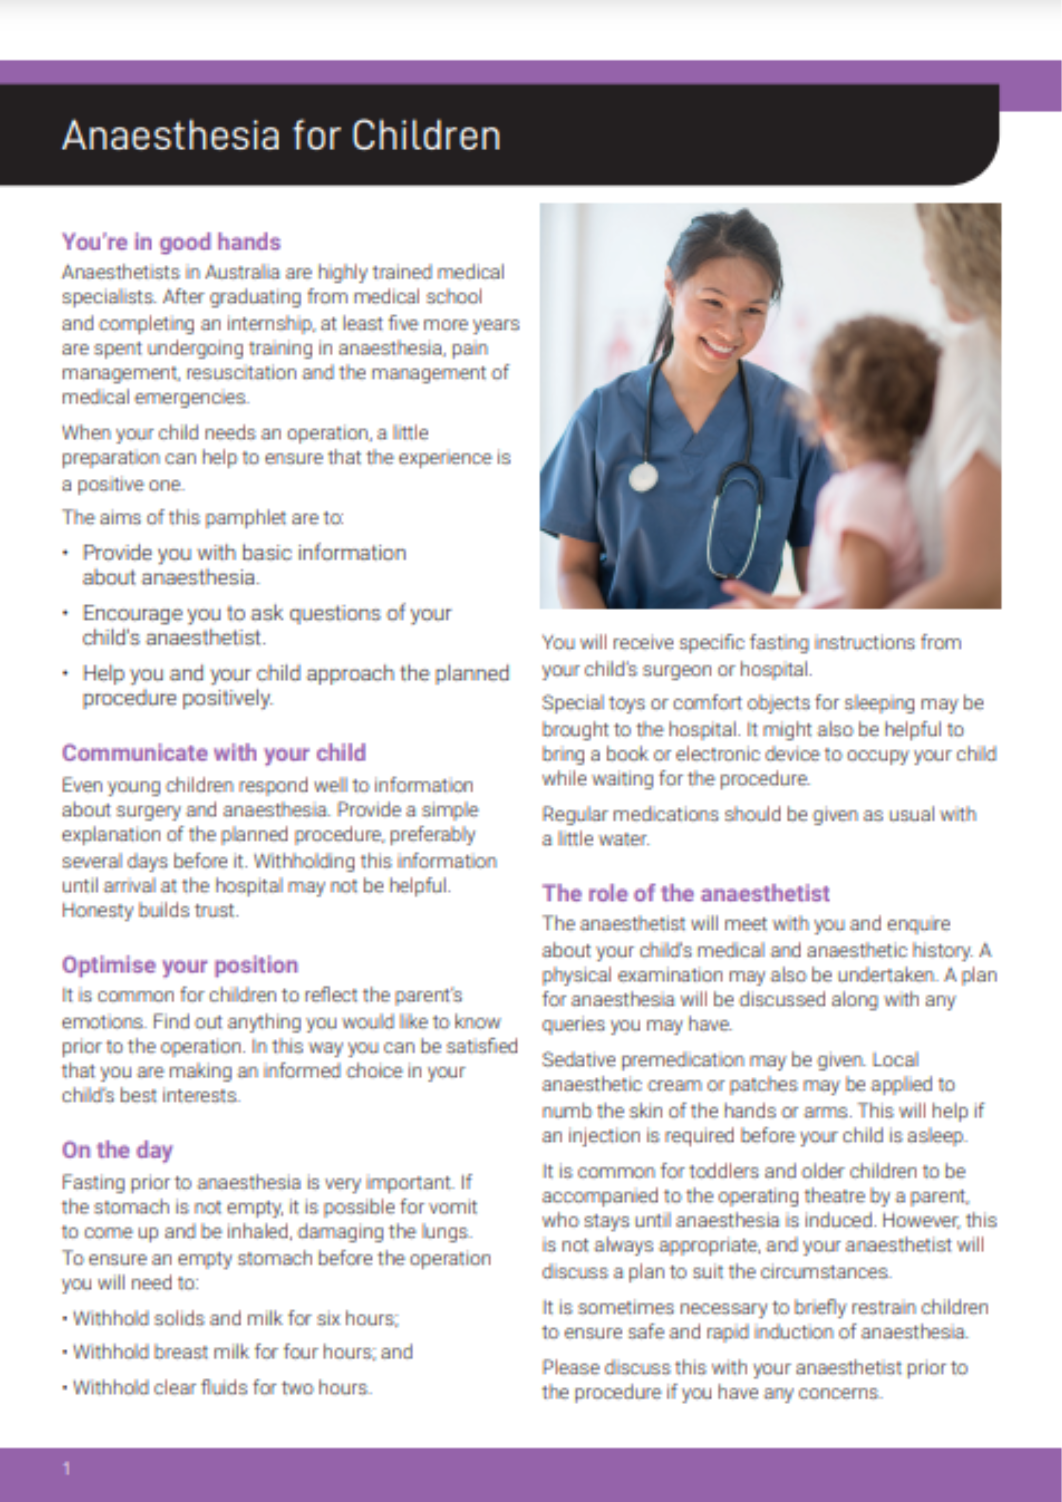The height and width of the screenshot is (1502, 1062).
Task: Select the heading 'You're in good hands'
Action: point(171,242)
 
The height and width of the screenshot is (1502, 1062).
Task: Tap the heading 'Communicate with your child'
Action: point(214,753)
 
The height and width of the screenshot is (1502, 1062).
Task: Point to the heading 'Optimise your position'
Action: point(180,965)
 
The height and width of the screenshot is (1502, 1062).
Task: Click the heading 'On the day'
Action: point(117,1150)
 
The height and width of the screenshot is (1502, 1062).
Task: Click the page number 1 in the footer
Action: point(66,1468)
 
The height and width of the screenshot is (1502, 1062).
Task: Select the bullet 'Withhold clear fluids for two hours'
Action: point(222,1388)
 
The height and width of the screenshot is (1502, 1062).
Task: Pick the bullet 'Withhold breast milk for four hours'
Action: point(242,1352)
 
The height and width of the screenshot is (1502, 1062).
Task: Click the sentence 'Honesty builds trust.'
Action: point(150,911)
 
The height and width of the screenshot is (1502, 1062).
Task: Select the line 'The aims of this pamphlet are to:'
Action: point(203,518)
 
